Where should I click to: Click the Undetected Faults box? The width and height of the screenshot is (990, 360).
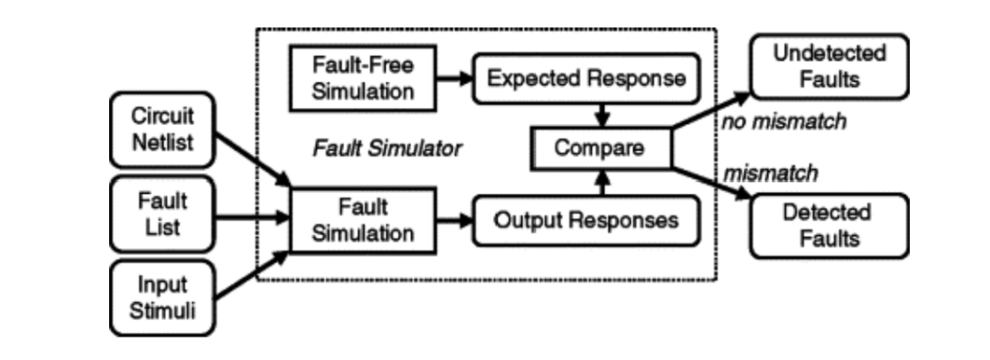point(817,66)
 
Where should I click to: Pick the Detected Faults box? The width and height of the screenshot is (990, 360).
point(817,224)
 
